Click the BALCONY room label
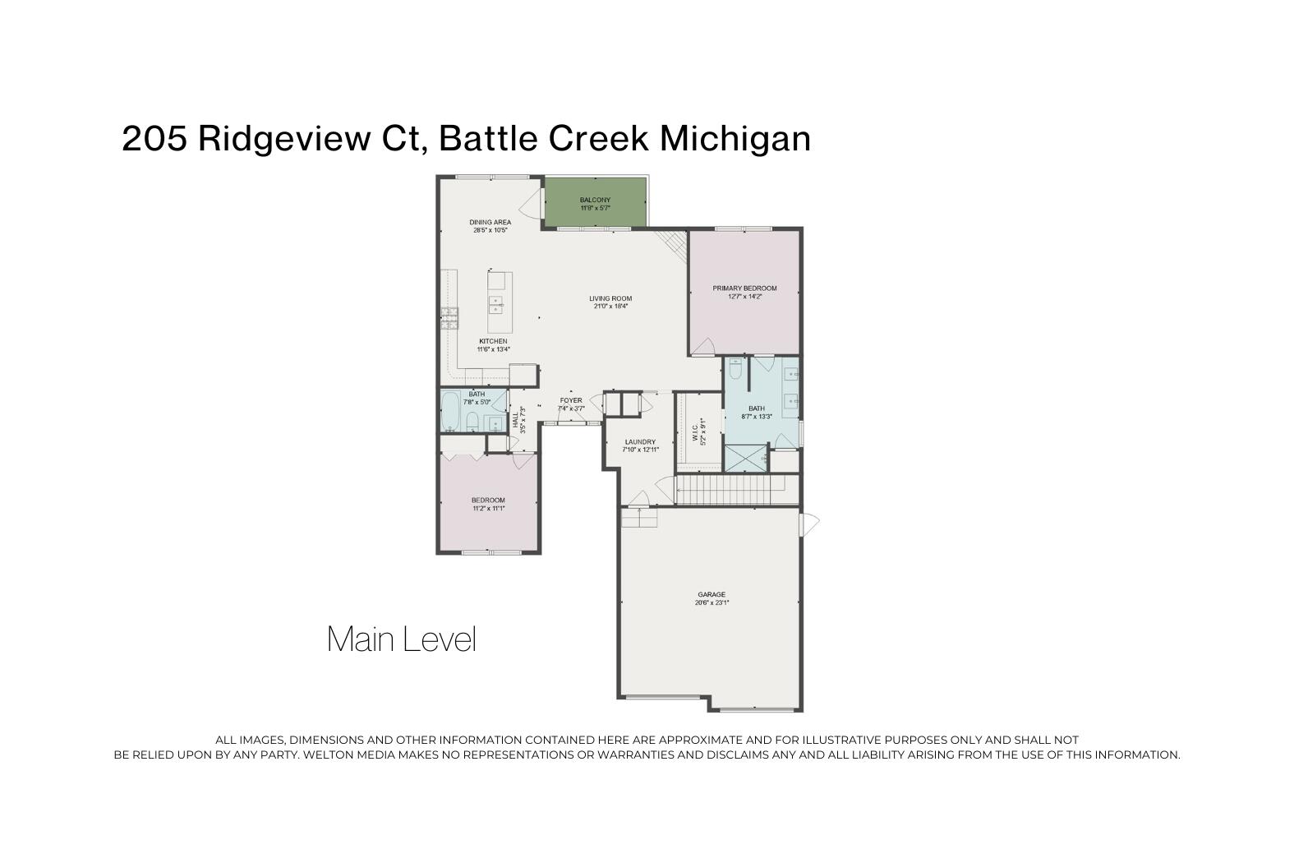tap(595, 200)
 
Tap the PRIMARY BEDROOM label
tap(744, 288)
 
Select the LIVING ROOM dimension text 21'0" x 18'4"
tap(610, 307)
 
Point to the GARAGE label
tap(711, 594)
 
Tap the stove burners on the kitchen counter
tap(449, 318)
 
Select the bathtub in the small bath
tap(450, 412)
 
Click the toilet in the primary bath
tap(735, 370)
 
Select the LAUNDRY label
tap(640, 441)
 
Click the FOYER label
tap(571, 400)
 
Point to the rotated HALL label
tap(516, 420)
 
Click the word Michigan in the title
tap(735, 138)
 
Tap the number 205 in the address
tap(154, 138)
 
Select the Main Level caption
tap(401, 639)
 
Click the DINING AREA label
tap(490, 222)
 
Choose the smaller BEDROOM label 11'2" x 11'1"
tap(488, 501)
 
